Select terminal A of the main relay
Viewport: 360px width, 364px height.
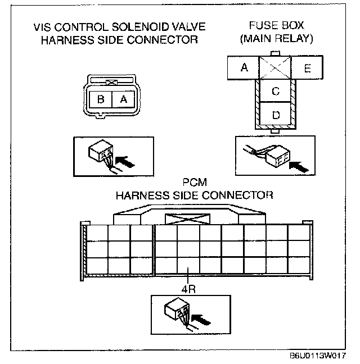[x=244, y=68]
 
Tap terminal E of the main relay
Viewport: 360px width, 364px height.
[x=307, y=68]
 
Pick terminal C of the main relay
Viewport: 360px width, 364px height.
[x=276, y=92]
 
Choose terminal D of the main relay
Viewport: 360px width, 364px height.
[x=276, y=115]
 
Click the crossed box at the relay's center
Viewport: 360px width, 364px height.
[x=275, y=68]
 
